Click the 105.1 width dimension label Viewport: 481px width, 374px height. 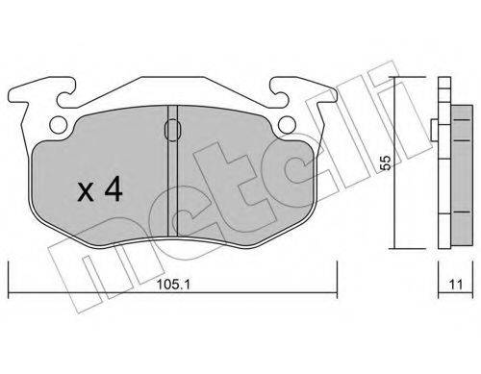tap(173, 284)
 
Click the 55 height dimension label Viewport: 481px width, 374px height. tap(387, 162)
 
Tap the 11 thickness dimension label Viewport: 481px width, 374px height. tap(456, 285)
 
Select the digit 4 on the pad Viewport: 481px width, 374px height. tap(114, 189)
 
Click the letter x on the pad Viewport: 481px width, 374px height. tap(86, 192)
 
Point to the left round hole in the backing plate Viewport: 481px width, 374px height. tap(59, 124)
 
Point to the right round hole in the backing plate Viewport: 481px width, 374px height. tap(287, 124)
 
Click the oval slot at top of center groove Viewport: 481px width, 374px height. tap(172, 130)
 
